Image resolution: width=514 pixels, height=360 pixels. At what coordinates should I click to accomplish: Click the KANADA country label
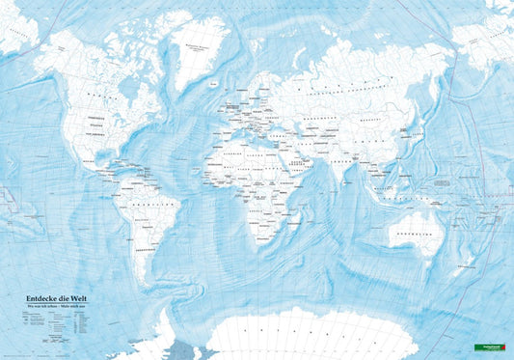tap(96, 95)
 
